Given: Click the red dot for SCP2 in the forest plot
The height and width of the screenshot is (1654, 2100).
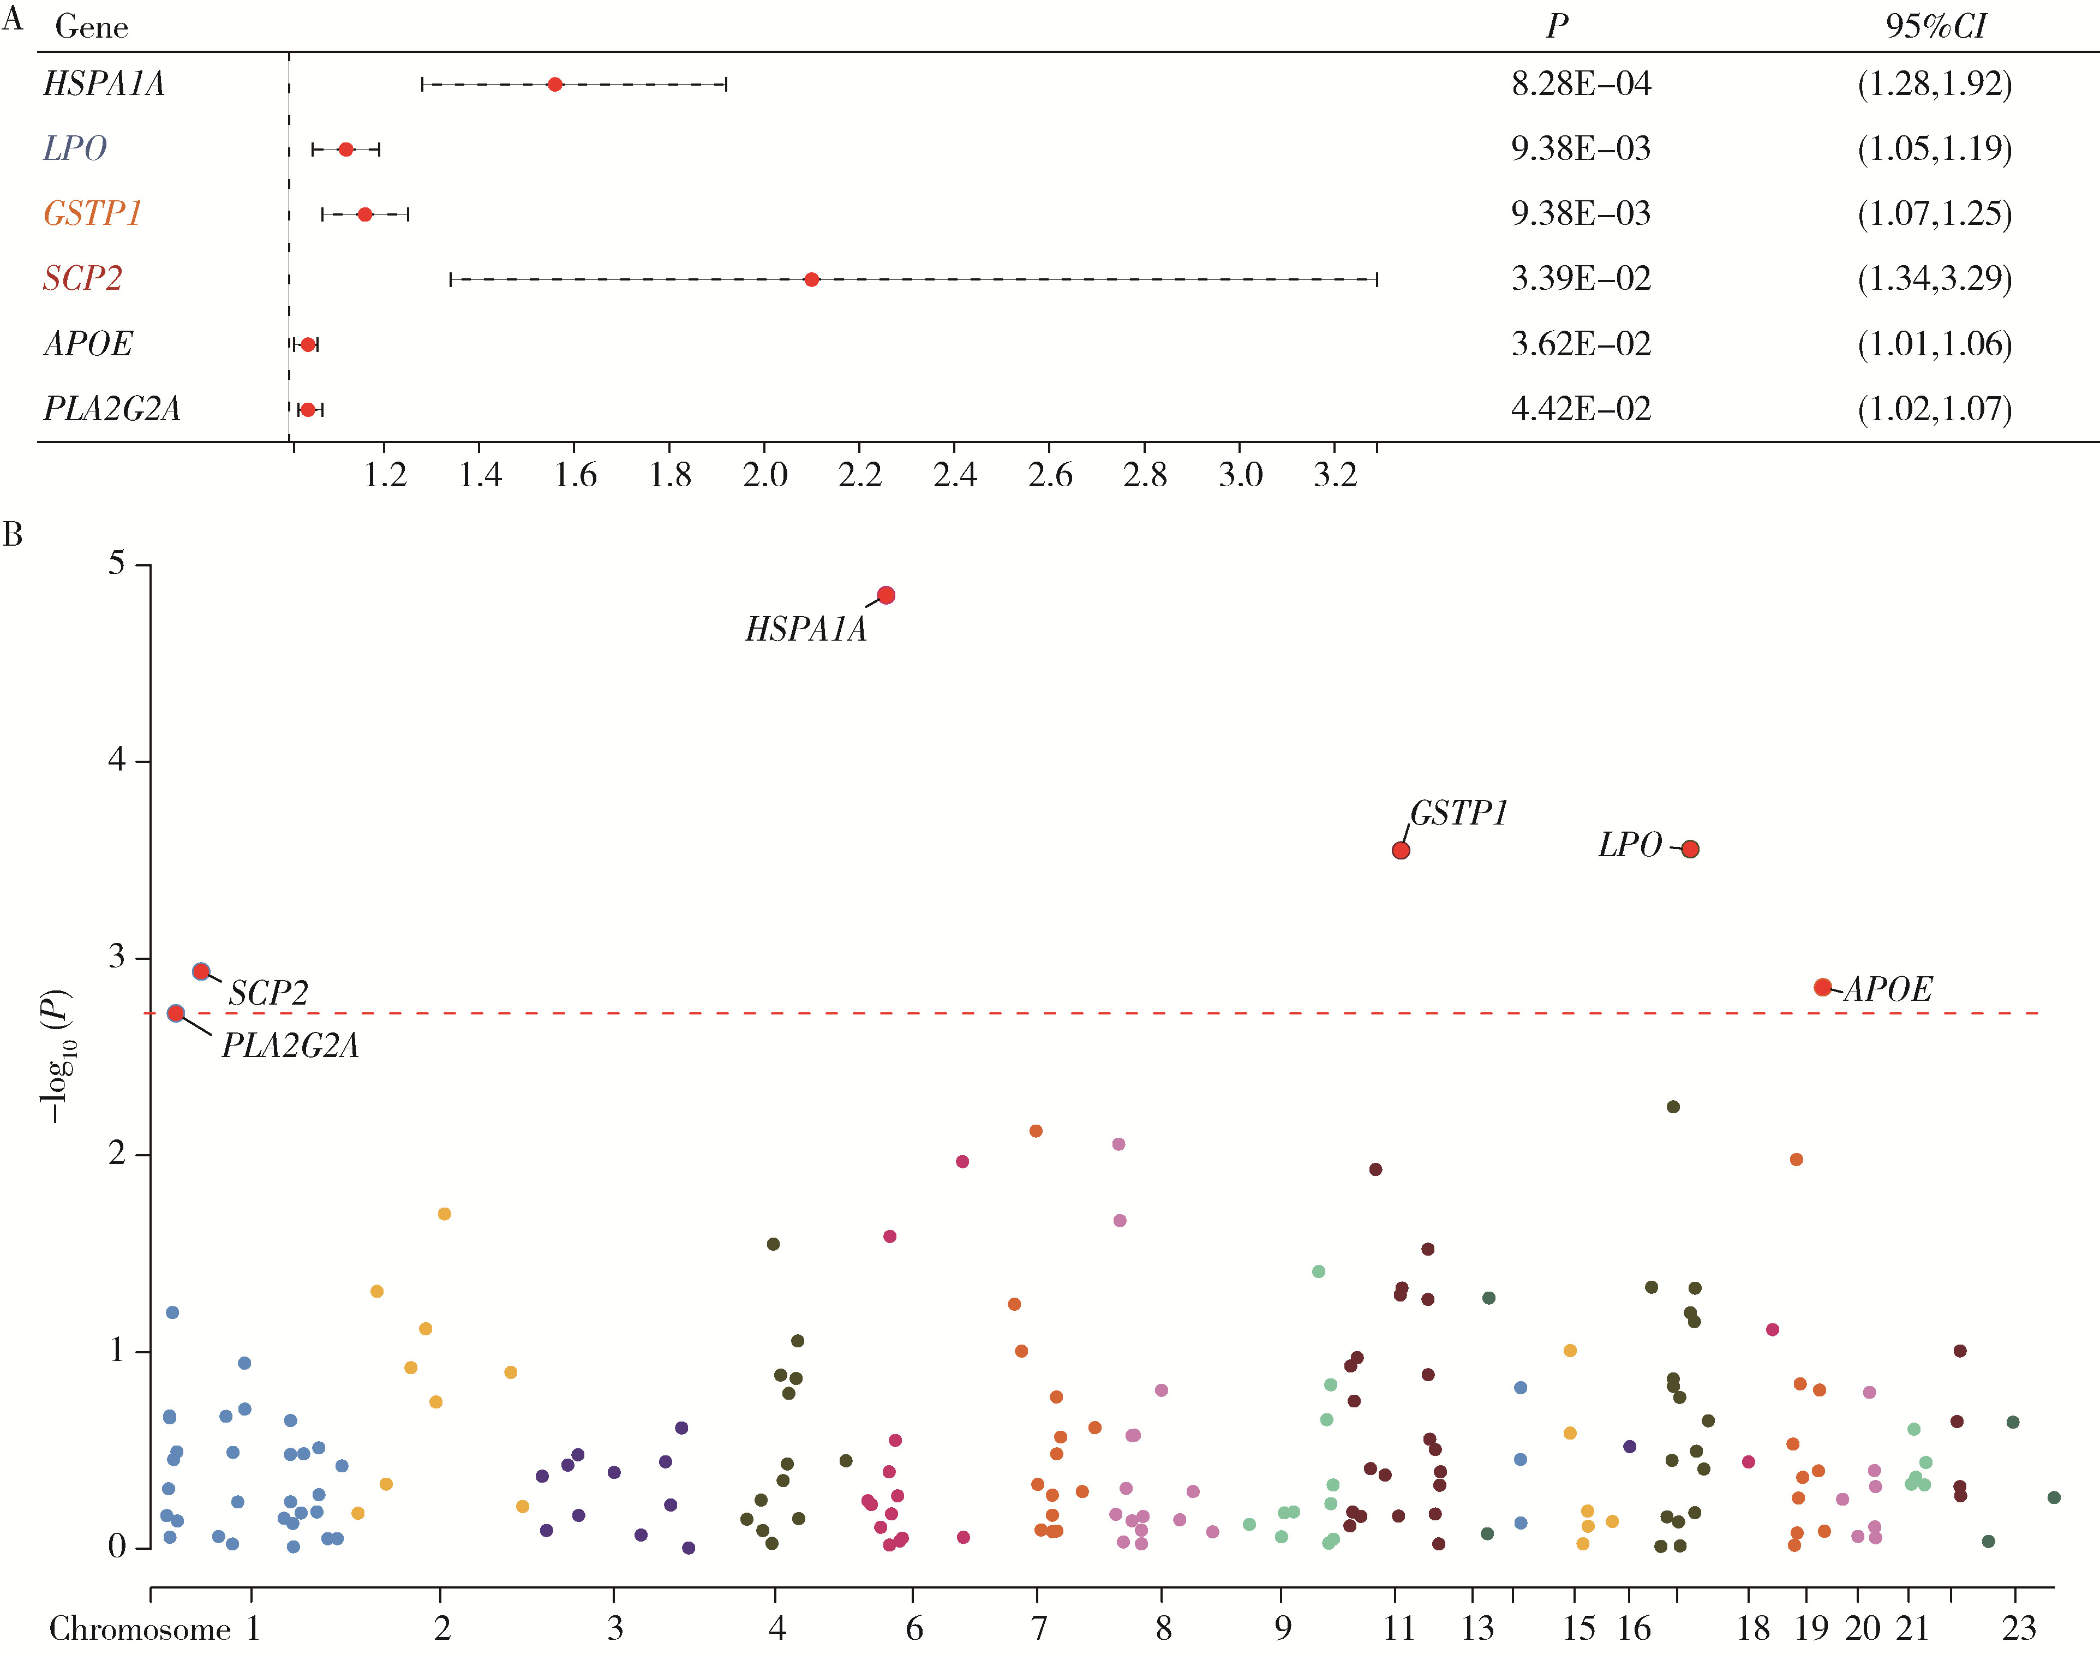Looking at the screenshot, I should tap(811, 280).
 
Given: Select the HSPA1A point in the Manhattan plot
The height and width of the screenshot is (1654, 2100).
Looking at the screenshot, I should tap(886, 595).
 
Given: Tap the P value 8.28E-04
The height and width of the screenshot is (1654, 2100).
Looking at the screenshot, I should tap(1580, 84).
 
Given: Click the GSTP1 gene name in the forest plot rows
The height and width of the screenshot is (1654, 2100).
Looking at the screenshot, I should tap(93, 213).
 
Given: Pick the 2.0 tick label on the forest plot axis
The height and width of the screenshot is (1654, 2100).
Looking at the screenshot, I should tap(765, 475).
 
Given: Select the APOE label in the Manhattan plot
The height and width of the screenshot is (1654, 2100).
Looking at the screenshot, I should tap(1887, 989).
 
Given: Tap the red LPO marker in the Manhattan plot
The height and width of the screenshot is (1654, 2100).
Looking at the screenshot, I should tap(1690, 849).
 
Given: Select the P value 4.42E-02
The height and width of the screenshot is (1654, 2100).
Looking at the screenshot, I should tap(1580, 409).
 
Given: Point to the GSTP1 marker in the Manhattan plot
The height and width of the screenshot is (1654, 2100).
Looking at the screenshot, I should tap(1400, 850).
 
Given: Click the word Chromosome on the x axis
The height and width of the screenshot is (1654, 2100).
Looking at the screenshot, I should tap(140, 1629).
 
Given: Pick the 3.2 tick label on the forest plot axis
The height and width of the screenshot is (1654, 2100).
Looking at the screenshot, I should tap(1335, 475).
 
